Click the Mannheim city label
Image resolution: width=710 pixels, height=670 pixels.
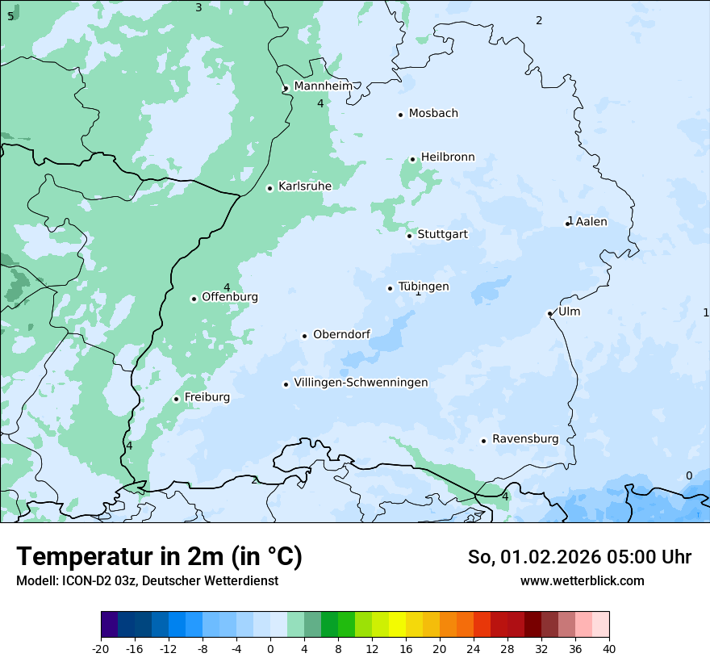pyautogui.click(x=323, y=86)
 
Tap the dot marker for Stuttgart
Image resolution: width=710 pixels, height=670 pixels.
pyautogui.click(x=410, y=236)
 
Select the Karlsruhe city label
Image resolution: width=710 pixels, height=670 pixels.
pyautogui.click(x=305, y=186)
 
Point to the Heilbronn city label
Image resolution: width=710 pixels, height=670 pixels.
pyautogui.click(x=448, y=157)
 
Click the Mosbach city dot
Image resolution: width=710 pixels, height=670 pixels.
pyautogui.click(x=400, y=115)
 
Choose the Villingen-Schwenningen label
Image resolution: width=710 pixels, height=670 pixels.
pyautogui.click(x=361, y=383)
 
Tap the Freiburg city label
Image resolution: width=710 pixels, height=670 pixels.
pyautogui.click(x=207, y=397)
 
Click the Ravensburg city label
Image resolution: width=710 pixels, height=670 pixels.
pyautogui.click(x=525, y=439)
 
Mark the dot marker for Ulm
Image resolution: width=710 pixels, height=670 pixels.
pyautogui.click(x=549, y=313)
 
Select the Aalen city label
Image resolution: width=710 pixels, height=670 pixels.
pyautogui.click(x=591, y=222)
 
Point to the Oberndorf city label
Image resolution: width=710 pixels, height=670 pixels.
pyautogui.click(x=342, y=335)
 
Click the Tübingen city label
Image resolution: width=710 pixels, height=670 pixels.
pyautogui.click(x=424, y=287)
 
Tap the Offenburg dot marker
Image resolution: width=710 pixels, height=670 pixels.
pyautogui.click(x=194, y=299)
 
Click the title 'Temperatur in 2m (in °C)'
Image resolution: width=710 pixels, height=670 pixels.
pyautogui.click(x=159, y=557)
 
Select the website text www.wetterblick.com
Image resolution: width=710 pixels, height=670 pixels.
pyautogui.click(x=582, y=581)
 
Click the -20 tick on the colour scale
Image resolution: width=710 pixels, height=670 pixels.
pyautogui.click(x=101, y=649)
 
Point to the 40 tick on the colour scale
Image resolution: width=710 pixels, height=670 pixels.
pyautogui.click(x=609, y=649)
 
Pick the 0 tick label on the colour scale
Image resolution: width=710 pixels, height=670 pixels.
pyautogui.click(x=270, y=649)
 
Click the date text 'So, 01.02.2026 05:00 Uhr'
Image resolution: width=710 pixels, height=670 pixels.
pyautogui.click(x=579, y=557)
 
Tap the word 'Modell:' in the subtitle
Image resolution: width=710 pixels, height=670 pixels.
pyautogui.click(x=35, y=581)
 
